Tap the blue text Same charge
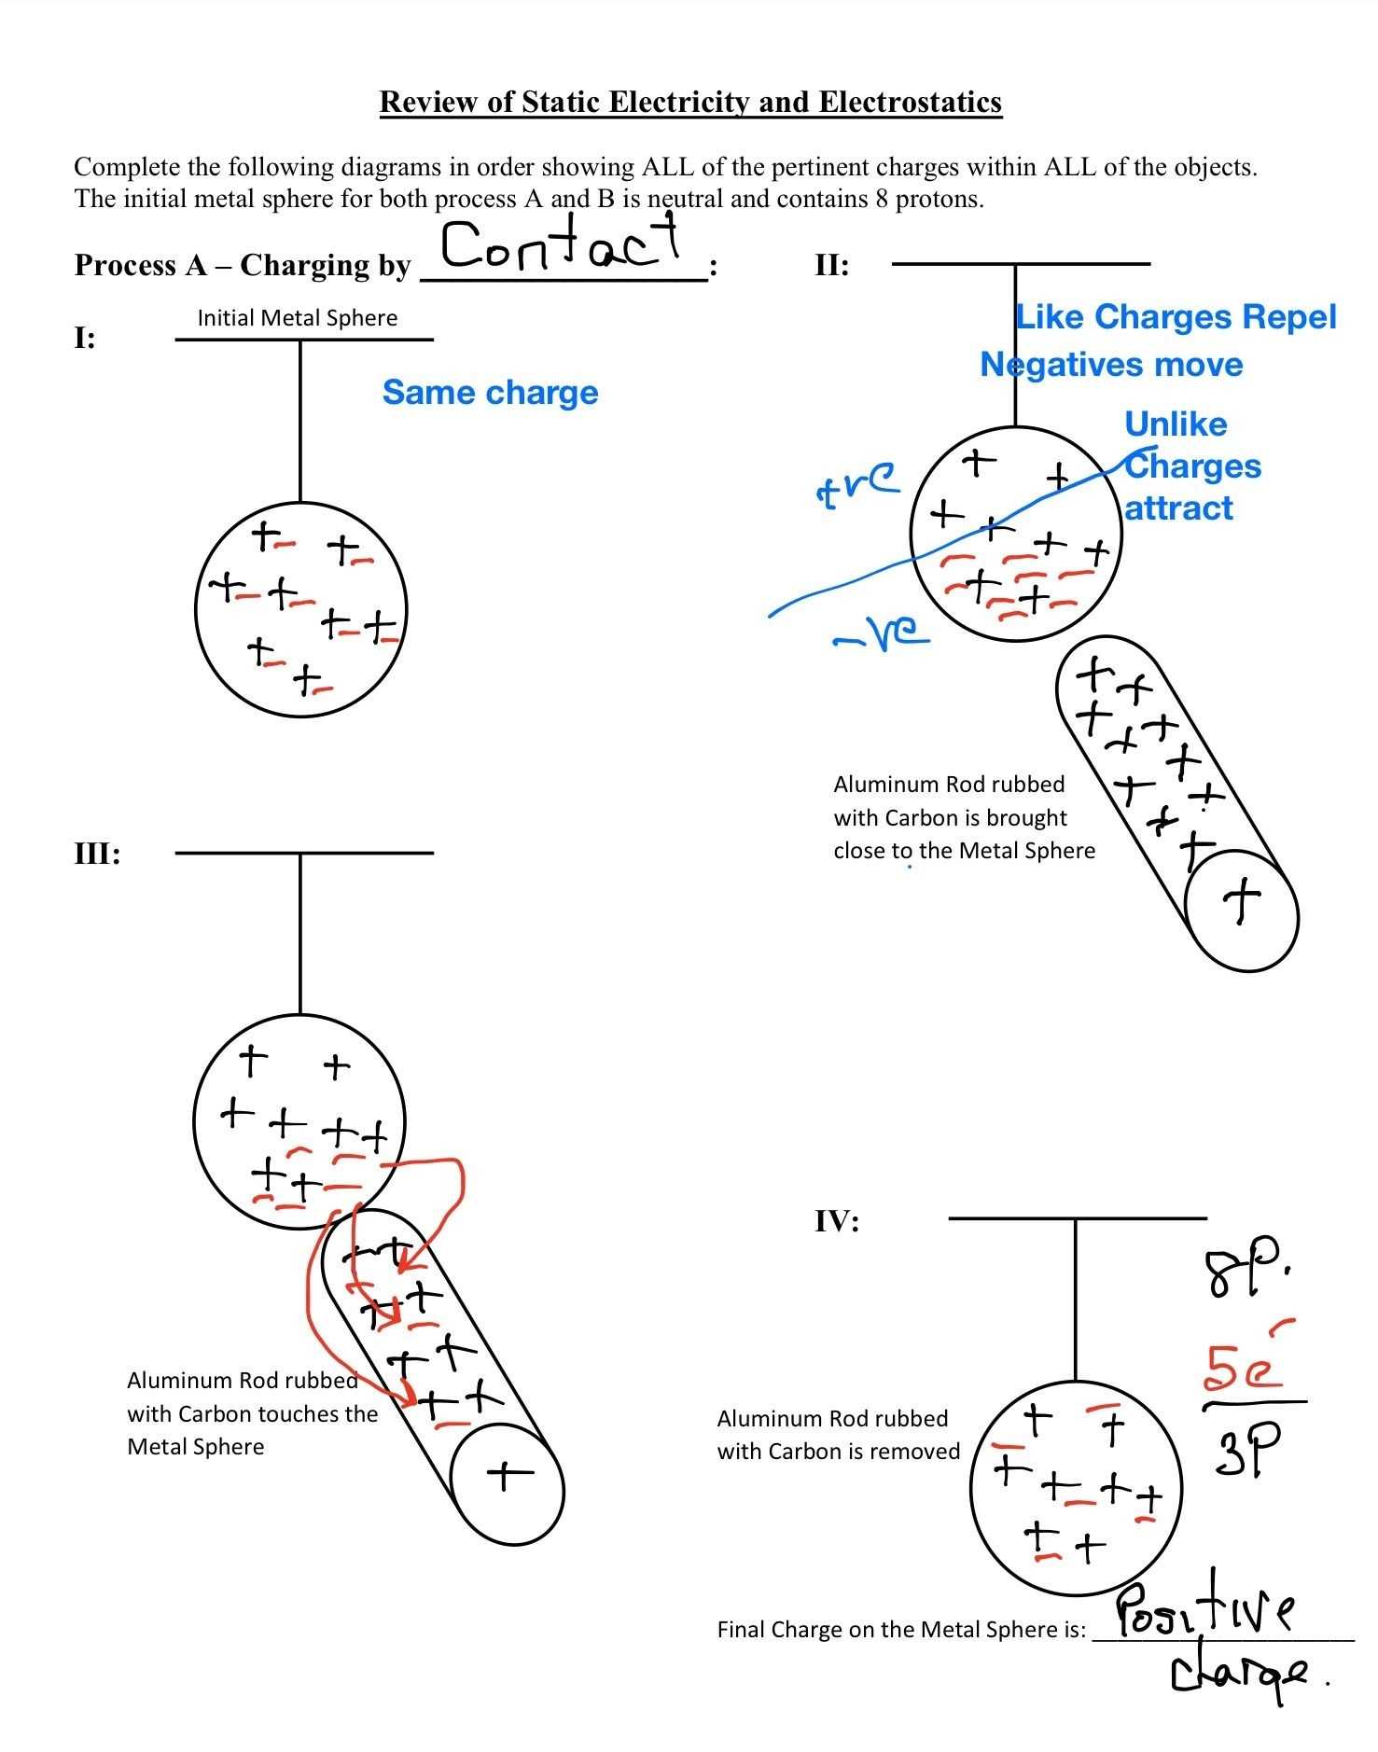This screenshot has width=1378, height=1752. point(490,393)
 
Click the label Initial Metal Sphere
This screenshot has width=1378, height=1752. point(297,318)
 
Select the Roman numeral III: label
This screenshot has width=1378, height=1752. point(97,854)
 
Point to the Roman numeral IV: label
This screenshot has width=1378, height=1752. point(837,1221)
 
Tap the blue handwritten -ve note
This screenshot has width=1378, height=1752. point(882,634)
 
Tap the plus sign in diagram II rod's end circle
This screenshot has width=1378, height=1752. point(1242,903)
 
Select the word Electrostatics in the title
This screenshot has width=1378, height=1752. point(910,102)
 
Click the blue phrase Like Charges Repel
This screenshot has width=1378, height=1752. point(1176,317)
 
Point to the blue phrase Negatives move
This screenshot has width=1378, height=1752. point(1111,365)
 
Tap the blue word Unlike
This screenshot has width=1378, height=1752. point(1176,424)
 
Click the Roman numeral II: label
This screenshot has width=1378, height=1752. point(831,266)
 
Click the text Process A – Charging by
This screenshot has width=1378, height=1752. point(243,266)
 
